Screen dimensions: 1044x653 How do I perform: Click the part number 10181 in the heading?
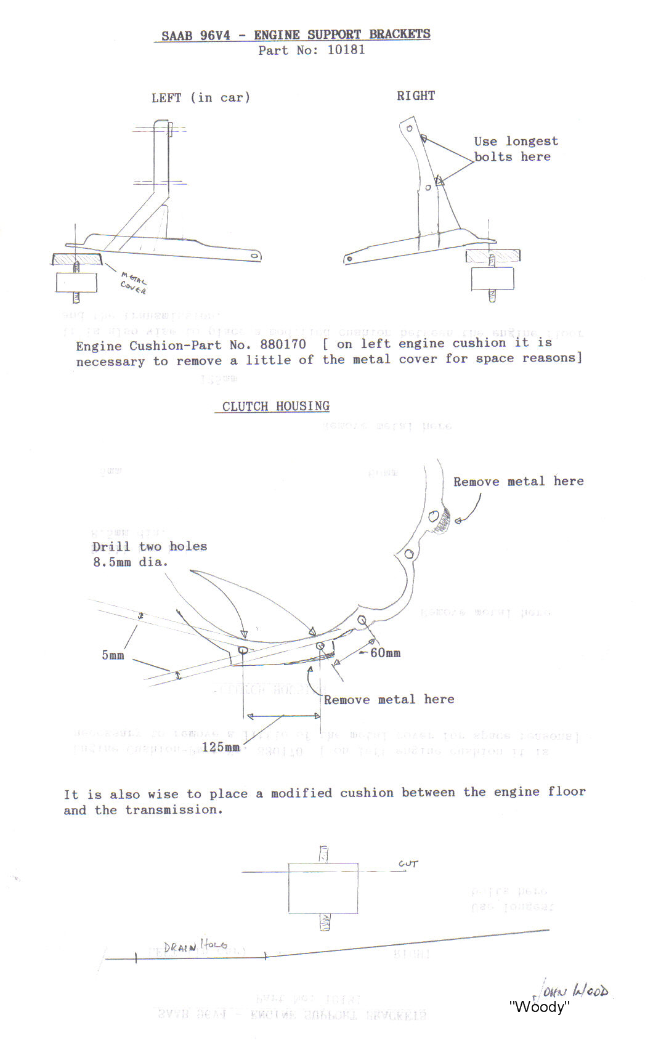click(x=346, y=50)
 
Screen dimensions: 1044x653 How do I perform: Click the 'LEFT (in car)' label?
click(x=201, y=97)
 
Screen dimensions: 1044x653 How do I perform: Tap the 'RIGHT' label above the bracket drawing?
click(x=416, y=95)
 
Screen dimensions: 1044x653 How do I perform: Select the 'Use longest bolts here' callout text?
click(x=516, y=148)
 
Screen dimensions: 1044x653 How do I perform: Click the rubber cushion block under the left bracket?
click(x=76, y=283)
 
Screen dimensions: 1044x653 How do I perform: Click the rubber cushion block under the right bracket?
click(x=492, y=278)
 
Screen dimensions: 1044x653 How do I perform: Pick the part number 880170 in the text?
click(x=283, y=344)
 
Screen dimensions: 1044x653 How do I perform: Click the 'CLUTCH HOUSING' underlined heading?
click(x=276, y=407)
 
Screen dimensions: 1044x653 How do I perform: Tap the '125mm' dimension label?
click(x=221, y=747)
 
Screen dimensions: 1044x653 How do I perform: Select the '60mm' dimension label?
click(x=385, y=653)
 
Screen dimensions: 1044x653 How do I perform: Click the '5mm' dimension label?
click(x=113, y=655)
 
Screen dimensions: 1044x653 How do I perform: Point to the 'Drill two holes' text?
click(x=150, y=546)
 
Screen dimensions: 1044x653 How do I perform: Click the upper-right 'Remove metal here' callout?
click(x=518, y=482)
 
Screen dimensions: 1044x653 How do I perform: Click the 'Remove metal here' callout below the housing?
click(x=389, y=699)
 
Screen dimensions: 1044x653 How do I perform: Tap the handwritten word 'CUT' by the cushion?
click(x=408, y=864)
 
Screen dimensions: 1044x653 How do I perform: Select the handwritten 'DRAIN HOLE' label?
click(x=195, y=945)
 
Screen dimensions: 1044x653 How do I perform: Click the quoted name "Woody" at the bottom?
click(x=539, y=1006)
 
